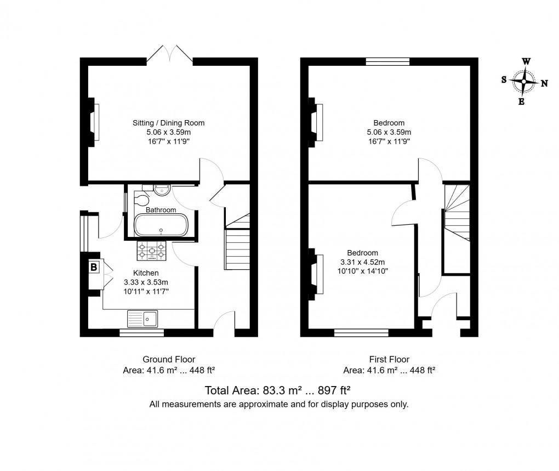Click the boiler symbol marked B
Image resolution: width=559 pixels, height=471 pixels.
click(x=94, y=268)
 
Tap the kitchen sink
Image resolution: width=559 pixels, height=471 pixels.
click(x=142, y=318)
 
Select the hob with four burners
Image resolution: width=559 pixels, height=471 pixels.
click(x=151, y=251)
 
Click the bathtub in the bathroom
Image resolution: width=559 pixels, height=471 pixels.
click(x=161, y=225)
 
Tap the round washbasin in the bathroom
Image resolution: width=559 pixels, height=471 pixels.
click(x=162, y=190)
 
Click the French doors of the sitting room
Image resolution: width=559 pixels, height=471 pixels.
click(x=170, y=55)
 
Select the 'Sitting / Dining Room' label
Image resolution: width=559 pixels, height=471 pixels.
click(x=168, y=123)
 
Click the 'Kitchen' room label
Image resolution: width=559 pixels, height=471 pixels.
click(x=146, y=273)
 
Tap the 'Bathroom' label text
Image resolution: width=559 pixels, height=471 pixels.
click(x=161, y=210)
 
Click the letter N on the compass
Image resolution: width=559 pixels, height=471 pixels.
click(x=544, y=84)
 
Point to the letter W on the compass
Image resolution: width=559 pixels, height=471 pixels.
click(x=526, y=61)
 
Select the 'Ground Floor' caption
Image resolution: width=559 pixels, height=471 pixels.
click(x=169, y=360)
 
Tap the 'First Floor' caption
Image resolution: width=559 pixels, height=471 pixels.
click(x=389, y=360)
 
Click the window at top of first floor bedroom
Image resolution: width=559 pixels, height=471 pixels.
click(x=387, y=61)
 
